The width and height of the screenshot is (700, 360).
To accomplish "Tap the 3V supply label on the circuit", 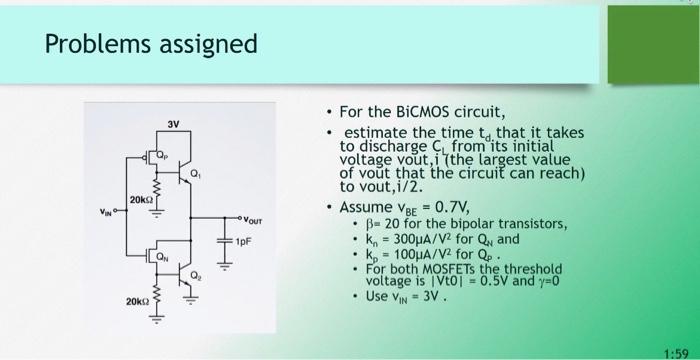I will tap(174, 125).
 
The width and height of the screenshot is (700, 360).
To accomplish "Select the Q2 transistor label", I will tap(206, 273).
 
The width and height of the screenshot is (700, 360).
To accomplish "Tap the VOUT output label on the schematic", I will tap(257, 218).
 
